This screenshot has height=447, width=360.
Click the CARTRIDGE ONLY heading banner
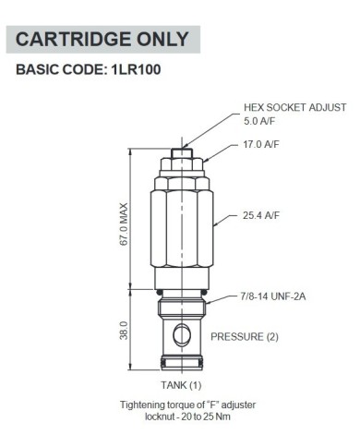coord(102,39)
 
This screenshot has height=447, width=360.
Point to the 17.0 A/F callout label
coord(262,144)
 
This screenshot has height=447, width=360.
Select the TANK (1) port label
coord(181,383)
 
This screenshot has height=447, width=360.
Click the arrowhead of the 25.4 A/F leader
coord(215,223)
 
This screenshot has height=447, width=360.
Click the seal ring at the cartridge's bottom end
coord(185,358)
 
